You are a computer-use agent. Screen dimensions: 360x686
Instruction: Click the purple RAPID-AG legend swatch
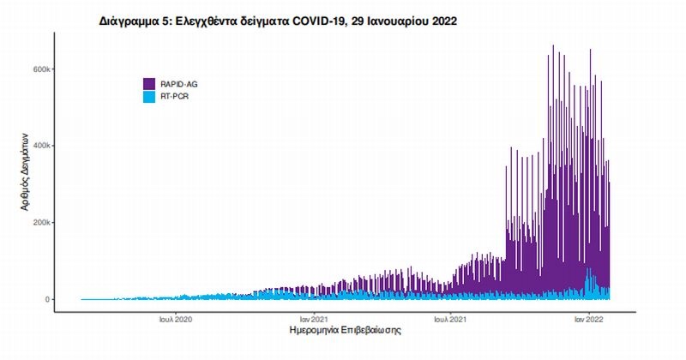tap(149, 84)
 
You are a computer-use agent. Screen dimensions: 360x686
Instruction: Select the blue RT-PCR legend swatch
tap(149, 97)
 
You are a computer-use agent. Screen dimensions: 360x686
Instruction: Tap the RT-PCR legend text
tap(175, 97)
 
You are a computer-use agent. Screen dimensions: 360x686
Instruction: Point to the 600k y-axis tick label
tap(43, 69)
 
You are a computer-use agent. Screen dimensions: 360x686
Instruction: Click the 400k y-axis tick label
tap(43, 146)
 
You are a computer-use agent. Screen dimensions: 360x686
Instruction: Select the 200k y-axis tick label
tap(43, 223)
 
